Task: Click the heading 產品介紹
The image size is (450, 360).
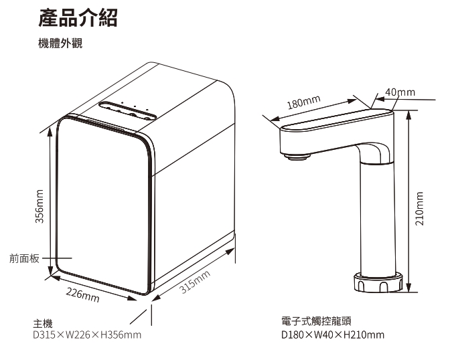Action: [x=78, y=19]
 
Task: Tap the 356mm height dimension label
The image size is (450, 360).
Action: [x=40, y=207]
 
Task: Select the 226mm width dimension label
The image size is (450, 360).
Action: [x=82, y=295]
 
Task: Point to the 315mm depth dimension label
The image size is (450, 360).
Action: [x=196, y=281]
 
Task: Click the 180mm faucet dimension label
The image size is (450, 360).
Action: [x=303, y=102]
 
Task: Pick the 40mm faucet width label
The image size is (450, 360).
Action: [x=400, y=92]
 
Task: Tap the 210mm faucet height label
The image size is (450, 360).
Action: [x=419, y=209]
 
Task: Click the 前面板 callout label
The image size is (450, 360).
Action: [x=25, y=258]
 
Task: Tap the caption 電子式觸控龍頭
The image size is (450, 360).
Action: [x=317, y=324]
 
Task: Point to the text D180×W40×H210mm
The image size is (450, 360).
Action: [x=333, y=334]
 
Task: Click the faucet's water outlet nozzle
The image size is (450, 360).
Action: [x=299, y=157]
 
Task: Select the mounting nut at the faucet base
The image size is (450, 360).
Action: [x=380, y=282]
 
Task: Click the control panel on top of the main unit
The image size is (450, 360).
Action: [x=127, y=110]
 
